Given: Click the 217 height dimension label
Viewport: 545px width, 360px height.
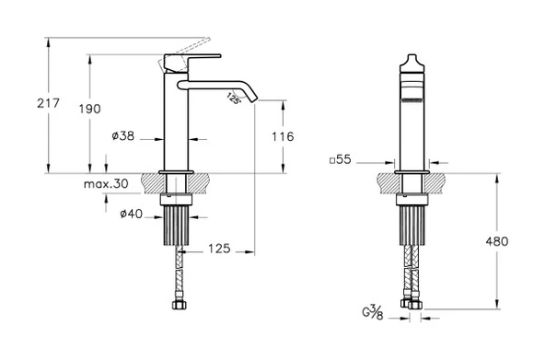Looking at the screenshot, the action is click(x=48, y=103).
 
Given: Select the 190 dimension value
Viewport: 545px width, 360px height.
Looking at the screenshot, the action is click(x=89, y=110).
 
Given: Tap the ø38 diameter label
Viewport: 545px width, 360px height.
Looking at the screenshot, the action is click(x=123, y=135).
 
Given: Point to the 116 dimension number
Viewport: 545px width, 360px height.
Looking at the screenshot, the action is click(x=283, y=136).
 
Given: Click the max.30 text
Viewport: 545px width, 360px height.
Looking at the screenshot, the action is click(x=106, y=183).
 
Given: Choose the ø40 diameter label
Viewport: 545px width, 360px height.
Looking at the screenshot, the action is click(x=132, y=214).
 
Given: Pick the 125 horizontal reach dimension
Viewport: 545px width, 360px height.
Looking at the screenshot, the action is click(x=219, y=249).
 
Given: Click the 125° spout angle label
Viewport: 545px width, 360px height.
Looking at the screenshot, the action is click(x=234, y=99).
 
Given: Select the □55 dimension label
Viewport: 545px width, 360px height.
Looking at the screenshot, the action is click(x=341, y=160).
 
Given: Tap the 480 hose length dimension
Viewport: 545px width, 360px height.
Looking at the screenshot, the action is click(x=497, y=241).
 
